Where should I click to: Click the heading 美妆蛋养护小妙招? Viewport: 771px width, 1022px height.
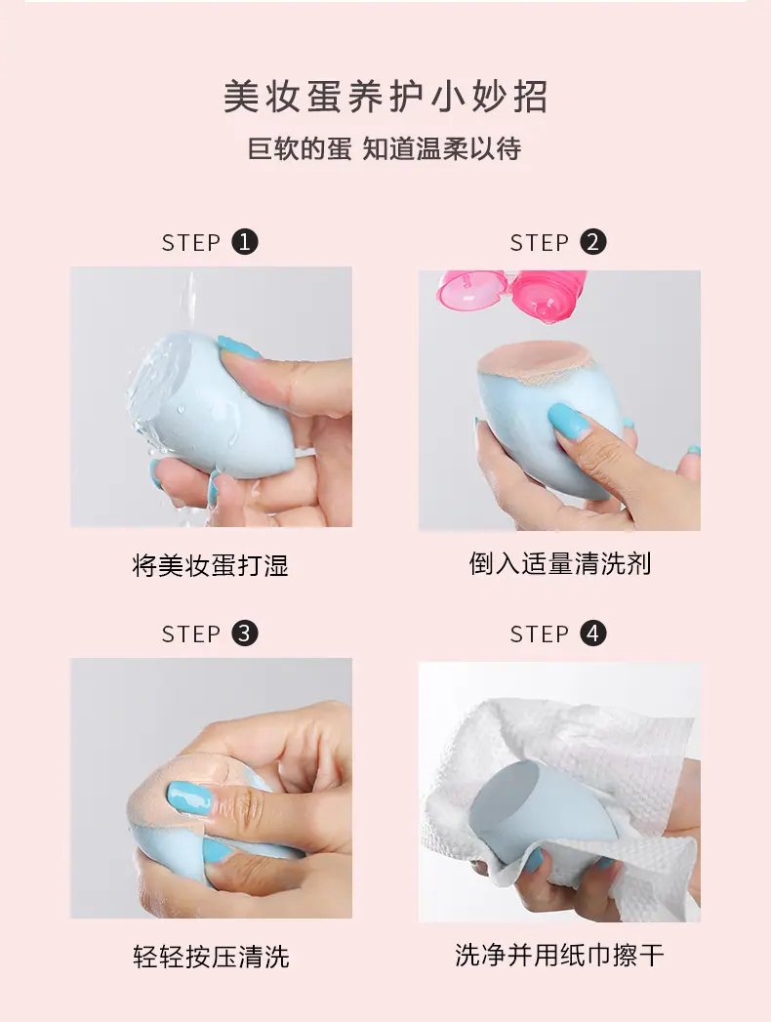point(385,97)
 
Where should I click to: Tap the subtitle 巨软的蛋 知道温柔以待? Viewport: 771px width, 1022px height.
point(385,148)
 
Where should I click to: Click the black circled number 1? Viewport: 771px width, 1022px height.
point(245,242)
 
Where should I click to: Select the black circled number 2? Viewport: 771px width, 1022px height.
point(593,242)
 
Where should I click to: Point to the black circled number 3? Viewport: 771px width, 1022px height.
point(245,633)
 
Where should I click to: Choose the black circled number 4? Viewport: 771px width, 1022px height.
point(593,633)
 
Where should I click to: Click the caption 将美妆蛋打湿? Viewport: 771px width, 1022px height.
point(211,565)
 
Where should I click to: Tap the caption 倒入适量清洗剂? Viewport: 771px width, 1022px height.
point(560,564)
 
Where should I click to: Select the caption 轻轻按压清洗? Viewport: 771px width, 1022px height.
point(211,957)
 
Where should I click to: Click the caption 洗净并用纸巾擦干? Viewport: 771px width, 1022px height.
point(560,955)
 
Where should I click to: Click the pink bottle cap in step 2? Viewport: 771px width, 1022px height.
point(465,290)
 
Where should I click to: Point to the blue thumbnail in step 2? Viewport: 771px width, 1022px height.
point(569,420)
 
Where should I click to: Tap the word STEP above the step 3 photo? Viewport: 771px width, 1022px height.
point(191,634)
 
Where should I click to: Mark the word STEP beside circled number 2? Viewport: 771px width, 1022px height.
point(539,243)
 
